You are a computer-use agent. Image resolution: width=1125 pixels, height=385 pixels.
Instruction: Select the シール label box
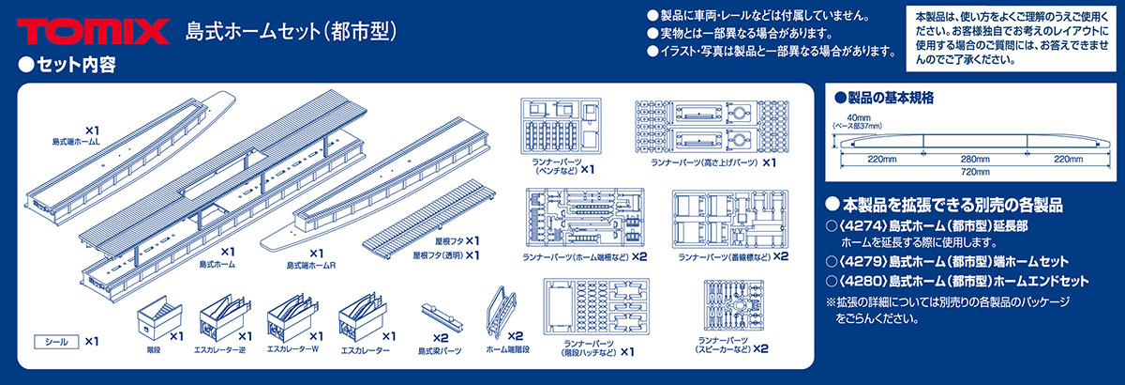click(54, 341)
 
